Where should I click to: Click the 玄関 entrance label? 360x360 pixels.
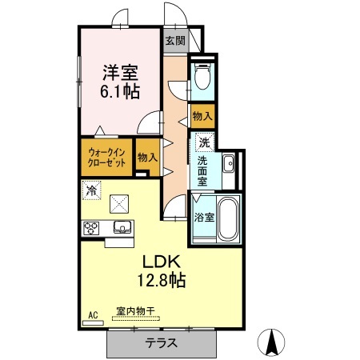[174, 40]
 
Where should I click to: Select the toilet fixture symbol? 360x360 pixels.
[202, 76]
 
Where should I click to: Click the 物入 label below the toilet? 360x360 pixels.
[202, 116]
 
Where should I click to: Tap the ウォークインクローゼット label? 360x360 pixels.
[106, 156]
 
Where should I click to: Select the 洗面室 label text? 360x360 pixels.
[205, 170]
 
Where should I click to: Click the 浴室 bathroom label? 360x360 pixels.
[203, 217]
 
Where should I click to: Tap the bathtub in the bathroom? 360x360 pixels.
[227, 217]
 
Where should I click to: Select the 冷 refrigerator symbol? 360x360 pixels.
[92, 190]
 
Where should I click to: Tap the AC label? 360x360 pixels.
[93, 315]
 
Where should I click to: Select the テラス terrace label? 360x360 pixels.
[162, 344]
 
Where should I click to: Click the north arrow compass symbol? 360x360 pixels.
[274, 342]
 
